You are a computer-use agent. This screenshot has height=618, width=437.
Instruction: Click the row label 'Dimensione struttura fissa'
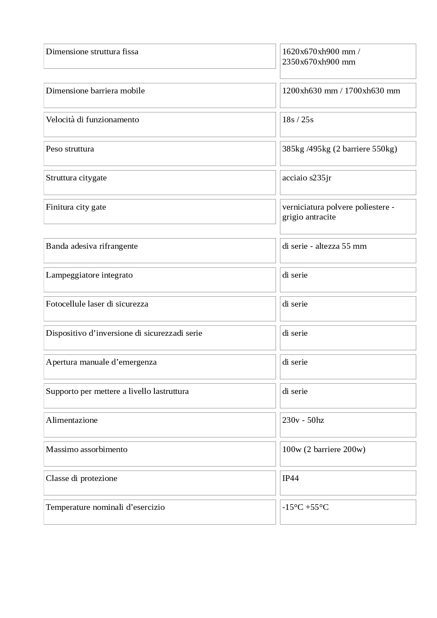(x=92, y=52)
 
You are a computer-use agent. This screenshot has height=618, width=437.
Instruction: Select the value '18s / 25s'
(x=298, y=120)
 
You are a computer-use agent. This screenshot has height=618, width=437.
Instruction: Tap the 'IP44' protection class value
(x=290, y=478)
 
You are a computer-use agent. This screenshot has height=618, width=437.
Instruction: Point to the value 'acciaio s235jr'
(x=307, y=178)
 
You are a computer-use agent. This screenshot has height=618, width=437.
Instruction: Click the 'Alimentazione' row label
(x=72, y=420)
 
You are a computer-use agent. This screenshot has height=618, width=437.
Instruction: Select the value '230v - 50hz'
(x=303, y=420)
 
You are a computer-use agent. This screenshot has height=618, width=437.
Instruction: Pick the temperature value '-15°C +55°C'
(x=305, y=507)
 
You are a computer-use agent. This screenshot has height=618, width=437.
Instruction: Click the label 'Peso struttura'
(x=70, y=149)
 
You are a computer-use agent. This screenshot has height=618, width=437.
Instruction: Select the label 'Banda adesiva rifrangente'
(x=92, y=246)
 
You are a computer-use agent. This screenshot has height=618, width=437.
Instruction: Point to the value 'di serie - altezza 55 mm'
(x=324, y=246)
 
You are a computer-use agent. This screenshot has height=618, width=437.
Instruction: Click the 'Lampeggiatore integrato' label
(x=89, y=275)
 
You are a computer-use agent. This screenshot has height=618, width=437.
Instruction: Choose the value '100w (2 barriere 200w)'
(x=324, y=450)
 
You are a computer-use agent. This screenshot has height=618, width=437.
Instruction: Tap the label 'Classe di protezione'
(x=81, y=478)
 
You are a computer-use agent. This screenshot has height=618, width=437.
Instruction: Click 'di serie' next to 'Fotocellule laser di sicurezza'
(x=295, y=304)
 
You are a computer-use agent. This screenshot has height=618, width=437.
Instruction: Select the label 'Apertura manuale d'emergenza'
(x=101, y=362)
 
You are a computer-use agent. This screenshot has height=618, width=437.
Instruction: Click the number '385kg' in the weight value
(x=293, y=149)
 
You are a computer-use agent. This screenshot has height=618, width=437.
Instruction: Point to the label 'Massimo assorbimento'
(x=86, y=450)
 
